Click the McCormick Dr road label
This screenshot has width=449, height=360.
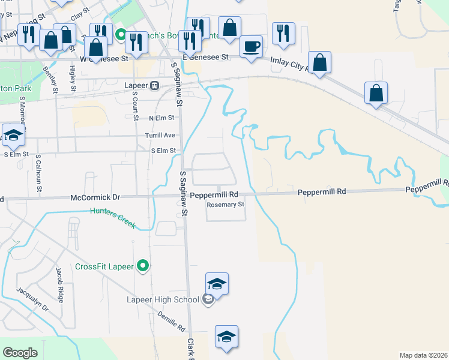pyautogui.click(x=95, y=196)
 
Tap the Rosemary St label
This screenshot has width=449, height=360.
pyautogui.click(x=226, y=205)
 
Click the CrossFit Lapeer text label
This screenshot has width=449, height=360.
pyautogui.click(x=104, y=266)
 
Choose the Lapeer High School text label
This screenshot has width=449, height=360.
pyautogui.click(x=163, y=299)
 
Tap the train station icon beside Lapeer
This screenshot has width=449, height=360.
pyautogui.click(x=155, y=85)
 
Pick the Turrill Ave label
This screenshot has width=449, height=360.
pyautogui.click(x=160, y=135)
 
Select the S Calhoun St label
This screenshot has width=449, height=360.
pyautogui.click(x=38, y=172)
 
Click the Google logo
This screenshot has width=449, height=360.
pyautogui.click(x=20, y=353)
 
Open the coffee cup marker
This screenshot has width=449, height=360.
pyautogui.click(x=250, y=47)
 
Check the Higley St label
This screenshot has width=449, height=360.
pyautogui.click(x=72, y=79)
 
